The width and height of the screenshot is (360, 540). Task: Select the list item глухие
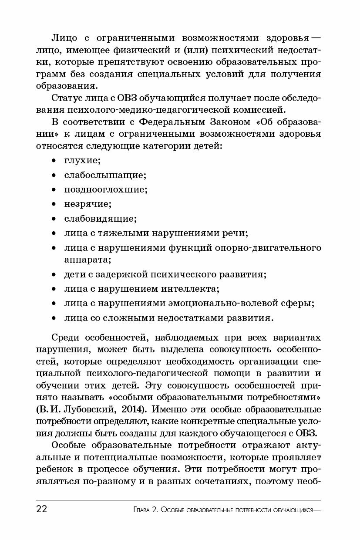[82, 161]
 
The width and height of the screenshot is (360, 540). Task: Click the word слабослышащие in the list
[105, 175]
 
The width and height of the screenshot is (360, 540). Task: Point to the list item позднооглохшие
[106, 189]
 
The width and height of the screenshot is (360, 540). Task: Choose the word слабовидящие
[100, 218]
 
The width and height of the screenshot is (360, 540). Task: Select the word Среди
[65, 338]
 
